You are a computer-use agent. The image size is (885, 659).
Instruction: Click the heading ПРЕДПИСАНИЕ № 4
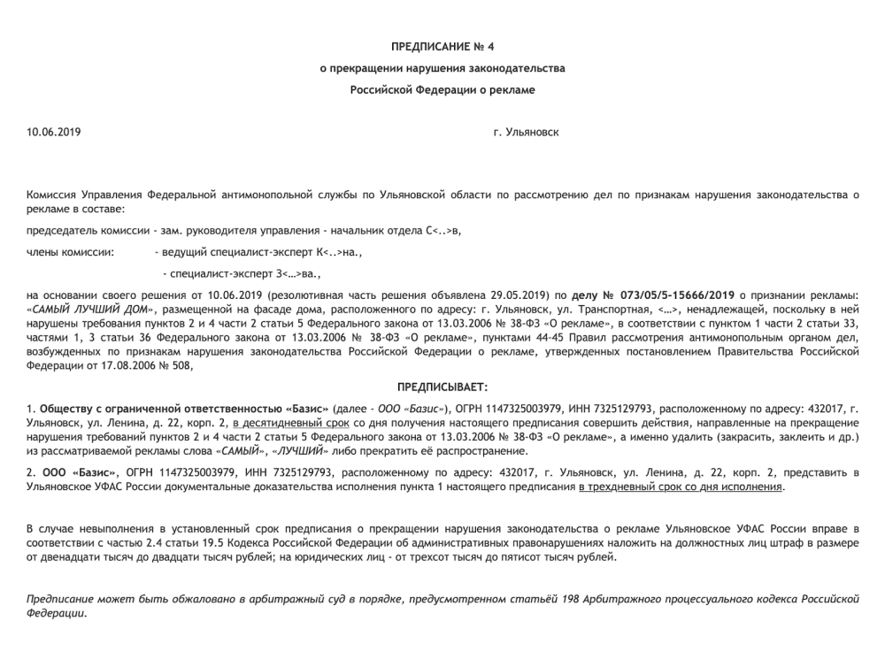click(442, 45)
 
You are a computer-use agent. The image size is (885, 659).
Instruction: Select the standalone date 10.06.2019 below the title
click(53, 133)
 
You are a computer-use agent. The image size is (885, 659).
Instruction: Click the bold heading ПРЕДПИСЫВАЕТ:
click(442, 387)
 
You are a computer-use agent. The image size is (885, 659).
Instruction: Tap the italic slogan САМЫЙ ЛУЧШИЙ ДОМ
click(93, 310)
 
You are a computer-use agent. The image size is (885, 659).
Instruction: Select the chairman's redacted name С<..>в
click(443, 232)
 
